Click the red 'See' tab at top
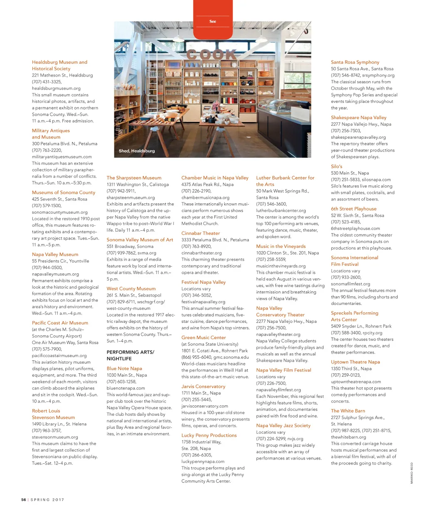[213, 21]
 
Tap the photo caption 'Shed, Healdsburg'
[136, 151]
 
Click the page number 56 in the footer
[24, 500]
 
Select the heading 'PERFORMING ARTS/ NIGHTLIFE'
[130, 355]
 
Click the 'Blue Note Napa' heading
[124, 369]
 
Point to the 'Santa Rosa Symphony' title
[355, 62]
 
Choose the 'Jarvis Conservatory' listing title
[203, 387]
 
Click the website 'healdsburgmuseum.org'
[56, 88]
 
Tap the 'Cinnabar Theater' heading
[201, 233]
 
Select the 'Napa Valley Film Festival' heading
[283, 370]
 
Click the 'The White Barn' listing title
[348, 411]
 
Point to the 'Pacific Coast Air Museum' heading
[60, 323]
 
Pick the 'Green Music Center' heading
[203, 338]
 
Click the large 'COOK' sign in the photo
[212, 55]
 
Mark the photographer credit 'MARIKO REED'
[411, 473]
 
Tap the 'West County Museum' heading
[131, 289]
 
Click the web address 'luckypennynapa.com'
[203, 462]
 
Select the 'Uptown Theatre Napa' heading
[355, 362]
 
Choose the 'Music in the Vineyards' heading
[281, 247]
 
